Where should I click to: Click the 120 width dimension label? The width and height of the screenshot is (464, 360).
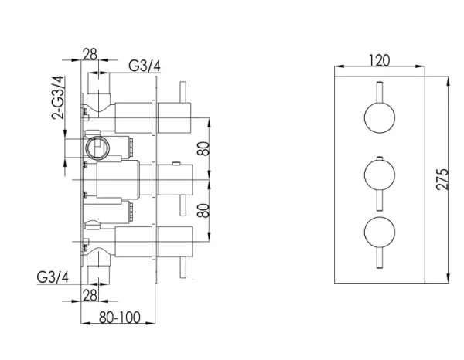379,60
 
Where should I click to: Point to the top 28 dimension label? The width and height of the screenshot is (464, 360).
90,53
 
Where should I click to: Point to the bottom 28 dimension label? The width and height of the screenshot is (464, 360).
90,295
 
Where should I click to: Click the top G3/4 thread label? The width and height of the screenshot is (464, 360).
145,66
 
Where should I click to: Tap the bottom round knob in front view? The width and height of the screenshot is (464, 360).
379,233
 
